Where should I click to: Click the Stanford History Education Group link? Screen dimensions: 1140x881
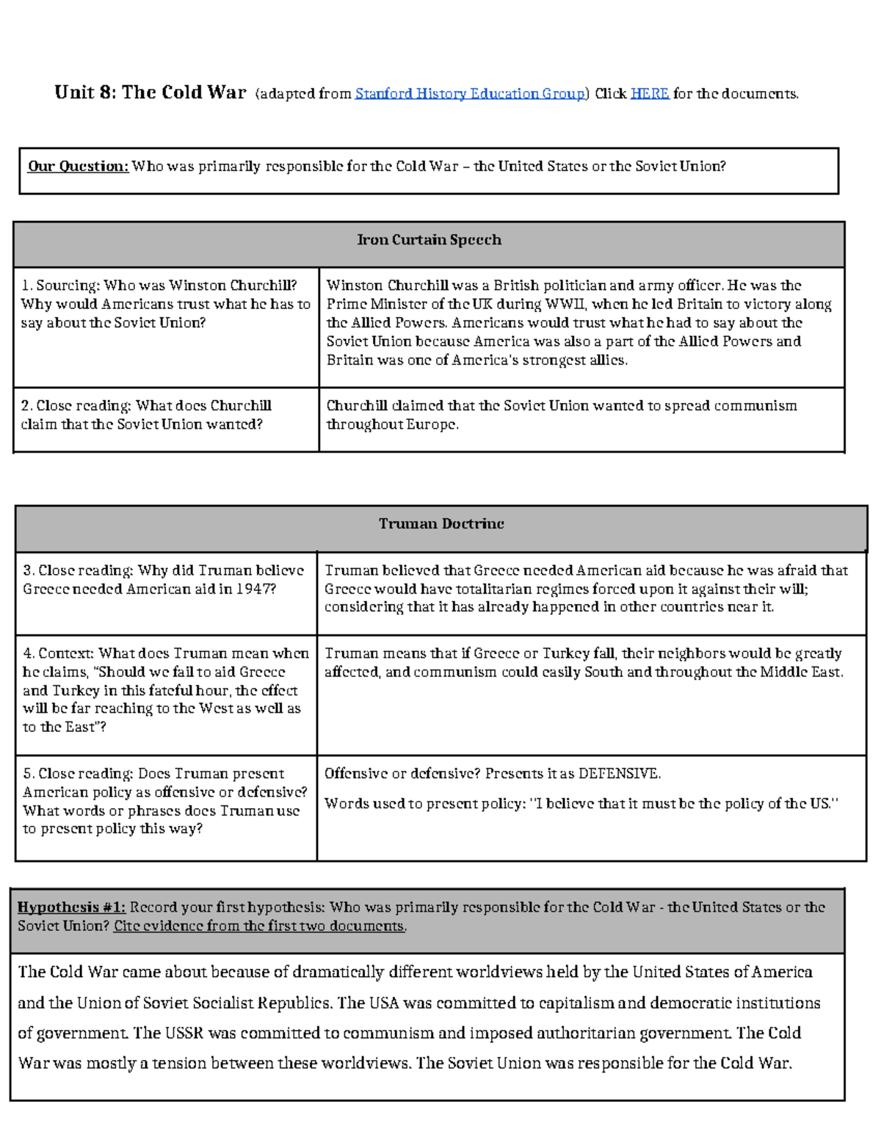tap(470, 94)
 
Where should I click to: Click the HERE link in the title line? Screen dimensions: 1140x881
tap(649, 94)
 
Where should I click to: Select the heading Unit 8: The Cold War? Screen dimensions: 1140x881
tap(151, 92)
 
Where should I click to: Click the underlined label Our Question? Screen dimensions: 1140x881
tap(79, 167)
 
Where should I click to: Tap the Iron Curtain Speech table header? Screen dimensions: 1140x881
tap(429, 240)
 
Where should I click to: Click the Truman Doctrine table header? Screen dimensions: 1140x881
tap(441, 524)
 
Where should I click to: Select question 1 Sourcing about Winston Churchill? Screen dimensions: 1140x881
tap(166, 304)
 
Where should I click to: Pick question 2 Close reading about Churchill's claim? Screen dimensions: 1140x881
tap(146, 415)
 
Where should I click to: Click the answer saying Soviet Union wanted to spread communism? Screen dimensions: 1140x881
tap(562, 415)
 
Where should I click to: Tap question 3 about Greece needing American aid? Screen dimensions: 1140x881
tap(163, 579)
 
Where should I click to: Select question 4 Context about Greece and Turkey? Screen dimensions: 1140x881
tap(166, 690)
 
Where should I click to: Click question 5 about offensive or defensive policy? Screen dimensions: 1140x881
tap(165, 801)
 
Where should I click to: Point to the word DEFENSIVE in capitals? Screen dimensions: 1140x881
tap(618, 774)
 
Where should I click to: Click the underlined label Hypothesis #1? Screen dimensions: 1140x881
tap(72, 907)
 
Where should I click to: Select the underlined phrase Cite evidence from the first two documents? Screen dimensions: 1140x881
tap(259, 926)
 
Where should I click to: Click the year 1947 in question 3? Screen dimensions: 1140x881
tap(255, 589)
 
